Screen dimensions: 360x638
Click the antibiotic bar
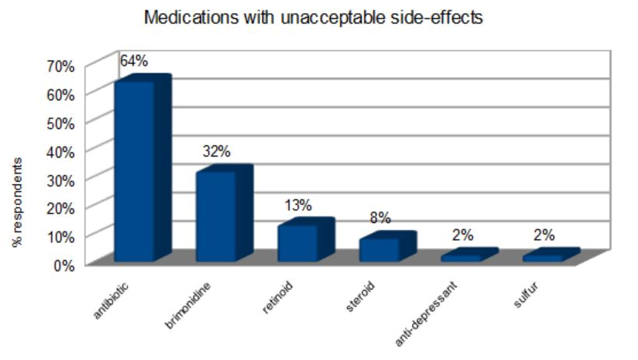click(135, 171)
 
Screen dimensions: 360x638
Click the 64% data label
click(134, 60)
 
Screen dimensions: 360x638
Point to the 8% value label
click(380, 219)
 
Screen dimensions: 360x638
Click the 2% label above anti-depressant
click(461, 235)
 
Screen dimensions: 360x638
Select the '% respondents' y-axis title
click(17, 203)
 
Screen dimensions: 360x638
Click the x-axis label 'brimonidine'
click(188, 306)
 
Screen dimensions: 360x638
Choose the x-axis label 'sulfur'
click(524, 297)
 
